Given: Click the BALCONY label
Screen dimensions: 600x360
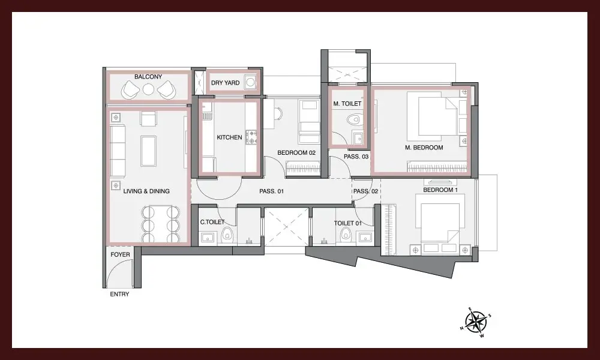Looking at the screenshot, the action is pyautogui.click(x=148, y=77).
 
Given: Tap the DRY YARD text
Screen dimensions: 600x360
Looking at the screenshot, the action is pyautogui.click(x=226, y=83).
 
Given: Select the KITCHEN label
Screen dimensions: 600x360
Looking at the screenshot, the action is pyautogui.click(x=229, y=137).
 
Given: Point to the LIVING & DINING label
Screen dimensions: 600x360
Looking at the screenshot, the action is pyautogui.click(x=146, y=191).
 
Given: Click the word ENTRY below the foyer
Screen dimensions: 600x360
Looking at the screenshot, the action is pyautogui.click(x=119, y=294).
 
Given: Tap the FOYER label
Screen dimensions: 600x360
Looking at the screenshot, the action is pyautogui.click(x=120, y=254).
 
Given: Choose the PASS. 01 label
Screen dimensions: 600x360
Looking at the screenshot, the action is pyautogui.click(x=271, y=191).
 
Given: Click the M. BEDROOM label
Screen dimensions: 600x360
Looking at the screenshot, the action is pyautogui.click(x=424, y=148).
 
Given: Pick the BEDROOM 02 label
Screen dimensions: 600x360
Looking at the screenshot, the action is pyautogui.click(x=296, y=152).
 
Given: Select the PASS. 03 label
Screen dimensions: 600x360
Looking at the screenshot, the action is pyautogui.click(x=356, y=157).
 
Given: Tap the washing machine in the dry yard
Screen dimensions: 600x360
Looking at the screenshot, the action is pyautogui.click(x=250, y=82).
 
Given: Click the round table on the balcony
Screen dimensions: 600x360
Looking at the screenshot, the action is pyautogui.click(x=148, y=89).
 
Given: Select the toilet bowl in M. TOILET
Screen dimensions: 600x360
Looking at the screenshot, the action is pyautogui.click(x=354, y=120).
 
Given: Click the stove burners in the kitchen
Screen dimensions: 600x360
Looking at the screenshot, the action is pyautogui.click(x=251, y=137).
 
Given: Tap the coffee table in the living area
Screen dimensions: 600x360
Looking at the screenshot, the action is pyautogui.click(x=148, y=151).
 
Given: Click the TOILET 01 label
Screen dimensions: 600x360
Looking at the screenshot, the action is pyautogui.click(x=347, y=223).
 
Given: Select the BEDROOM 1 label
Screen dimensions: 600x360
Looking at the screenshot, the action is pyautogui.click(x=440, y=190).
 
